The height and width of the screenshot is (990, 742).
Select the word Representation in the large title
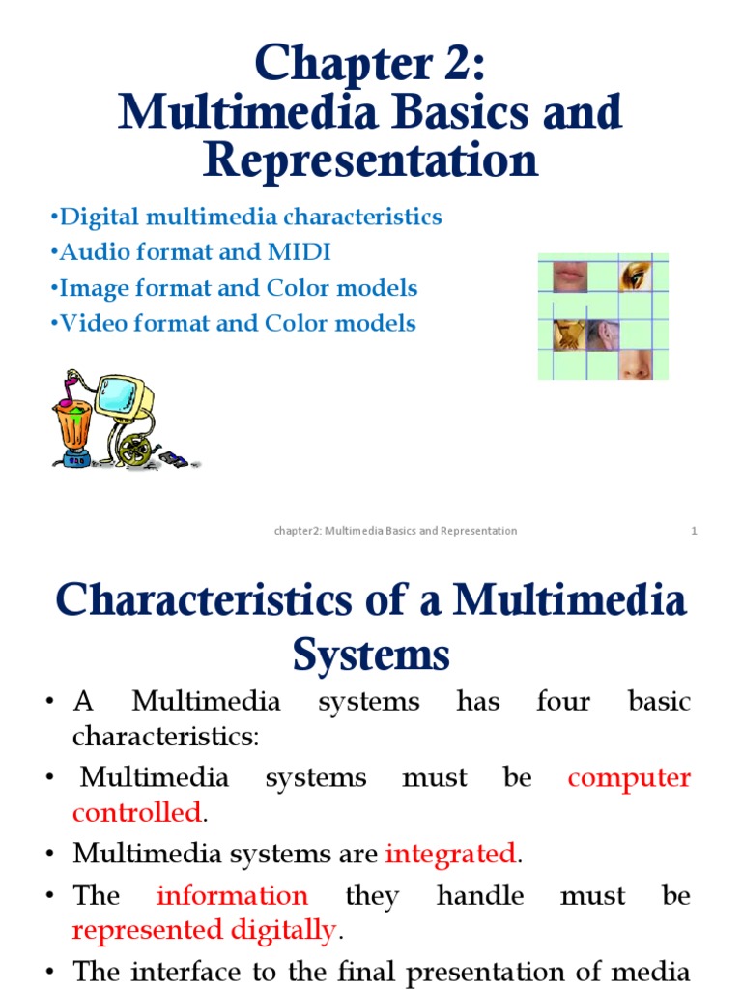pos(370,160)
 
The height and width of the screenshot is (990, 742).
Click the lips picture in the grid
pos(568,275)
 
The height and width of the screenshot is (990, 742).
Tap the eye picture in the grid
pos(635,276)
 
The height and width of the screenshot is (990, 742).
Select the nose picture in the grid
pos(635,364)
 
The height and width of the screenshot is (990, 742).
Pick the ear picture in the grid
pos(602,335)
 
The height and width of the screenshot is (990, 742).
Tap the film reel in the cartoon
pos(136,451)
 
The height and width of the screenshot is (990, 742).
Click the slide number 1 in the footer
pos(694,531)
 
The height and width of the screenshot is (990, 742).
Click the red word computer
pos(629,778)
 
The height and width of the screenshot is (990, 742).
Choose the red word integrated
pos(451,854)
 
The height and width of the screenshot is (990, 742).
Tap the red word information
pos(232,896)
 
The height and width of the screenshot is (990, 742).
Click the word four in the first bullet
pos(563,701)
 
